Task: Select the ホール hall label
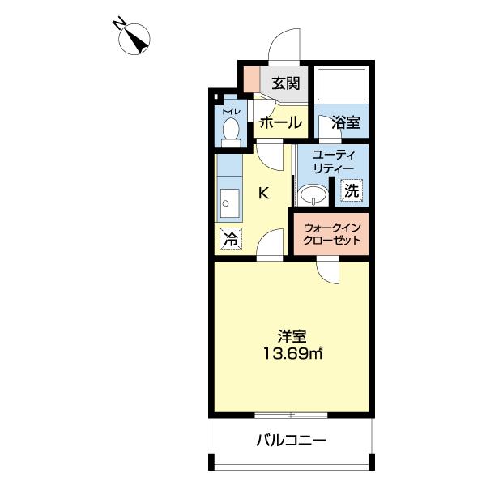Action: click(x=280, y=123)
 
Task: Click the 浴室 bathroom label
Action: click(x=346, y=123)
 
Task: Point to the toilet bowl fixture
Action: click(x=231, y=130)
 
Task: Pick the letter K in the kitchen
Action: click(x=264, y=193)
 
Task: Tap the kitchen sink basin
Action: click(x=229, y=202)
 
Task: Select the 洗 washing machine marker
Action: click(x=351, y=191)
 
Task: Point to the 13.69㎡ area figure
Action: click(x=292, y=354)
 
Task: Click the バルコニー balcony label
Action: click(x=291, y=441)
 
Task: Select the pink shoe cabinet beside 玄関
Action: click(x=251, y=80)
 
